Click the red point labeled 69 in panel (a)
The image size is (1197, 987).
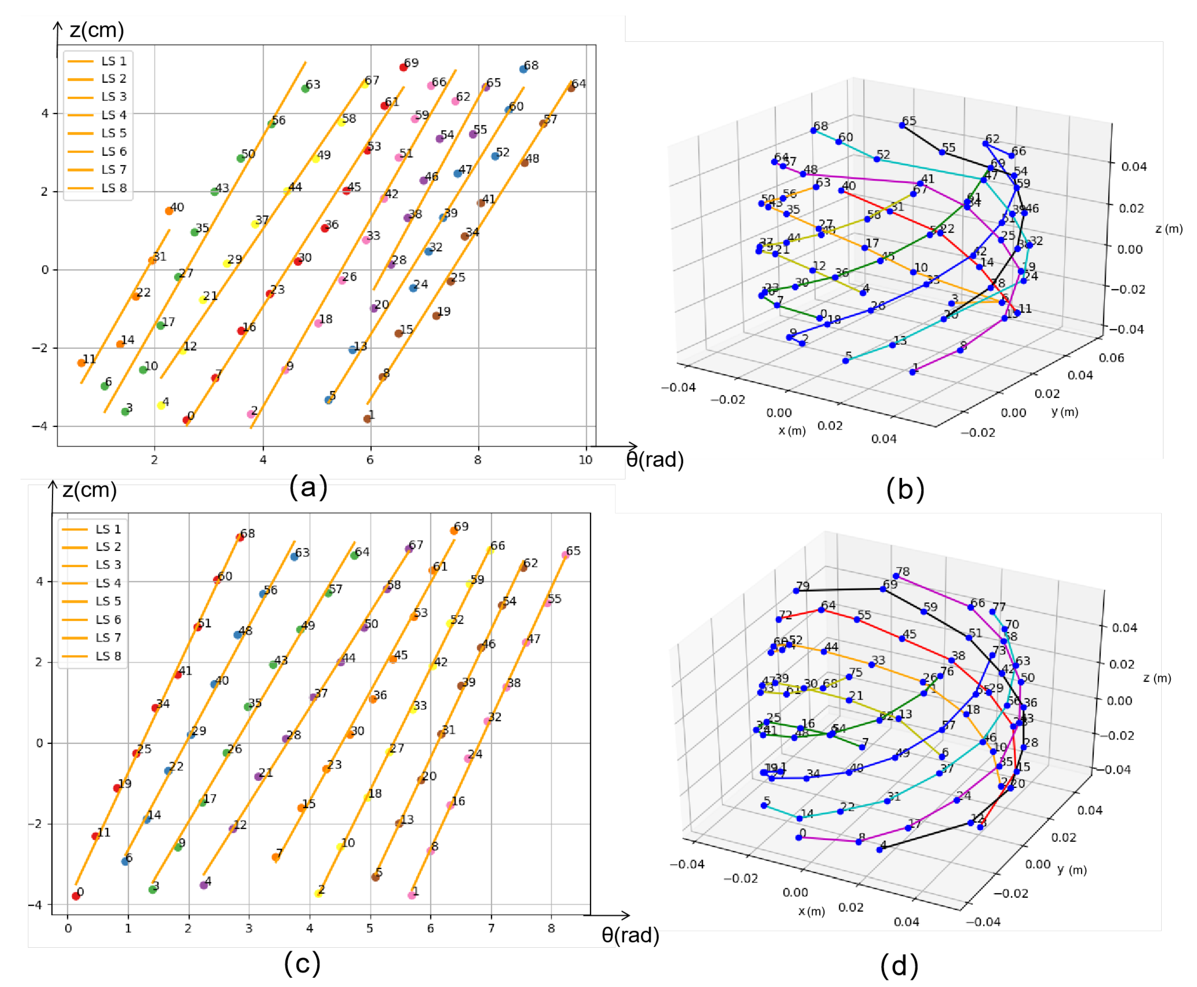click(x=403, y=68)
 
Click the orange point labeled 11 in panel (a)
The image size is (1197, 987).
click(x=81, y=363)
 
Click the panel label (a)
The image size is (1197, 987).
click(x=308, y=487)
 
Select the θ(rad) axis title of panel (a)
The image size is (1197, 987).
click(x=655, y=460)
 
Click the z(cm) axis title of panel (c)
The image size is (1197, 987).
click(x=90, y=490)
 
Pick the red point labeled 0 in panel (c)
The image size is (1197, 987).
click(x=76, y=897)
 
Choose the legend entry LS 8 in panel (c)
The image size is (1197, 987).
click(x=108, y=656)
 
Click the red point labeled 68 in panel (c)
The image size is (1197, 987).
click(x=240, y=538)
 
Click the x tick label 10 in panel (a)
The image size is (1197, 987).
click(x=585, y=460)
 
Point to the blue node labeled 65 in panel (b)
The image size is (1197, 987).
click(x=902, y=125)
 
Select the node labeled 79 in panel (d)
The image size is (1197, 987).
click(x=796, y=591)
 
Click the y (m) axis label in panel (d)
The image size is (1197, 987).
click(x=1072, y=871)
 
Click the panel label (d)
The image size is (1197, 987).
click(x=899, y=965)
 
